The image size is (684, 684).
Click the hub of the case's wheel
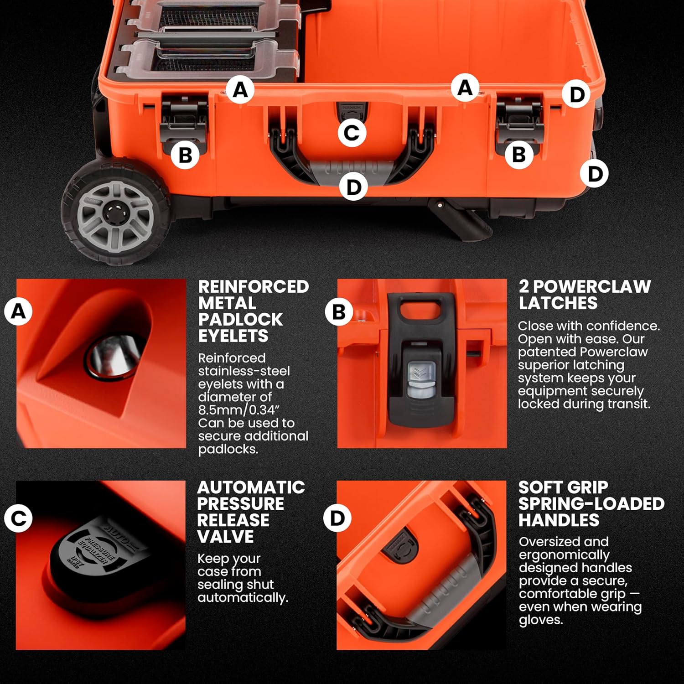point(113,213)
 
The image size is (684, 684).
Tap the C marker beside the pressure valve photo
point(18,518)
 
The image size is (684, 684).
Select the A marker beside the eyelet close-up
point(18,311)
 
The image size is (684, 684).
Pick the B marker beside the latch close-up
point(339,312)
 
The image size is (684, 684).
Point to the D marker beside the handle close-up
point(337,518)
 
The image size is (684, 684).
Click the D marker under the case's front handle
point(353,187)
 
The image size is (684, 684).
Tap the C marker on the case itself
point(352,133)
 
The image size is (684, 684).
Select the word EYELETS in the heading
point(233,336)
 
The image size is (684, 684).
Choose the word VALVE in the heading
point(225,536)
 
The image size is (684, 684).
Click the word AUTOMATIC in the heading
point(251,487)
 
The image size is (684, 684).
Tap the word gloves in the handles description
point(541,620)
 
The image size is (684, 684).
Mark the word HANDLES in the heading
point(559,520)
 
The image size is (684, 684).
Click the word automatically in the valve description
point(243,598)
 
